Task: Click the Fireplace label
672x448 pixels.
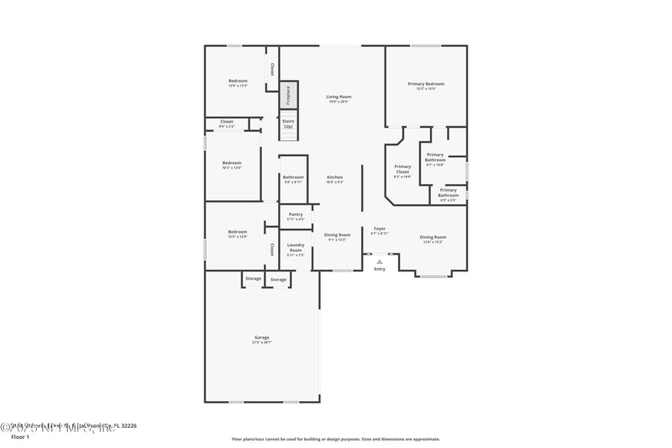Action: pos(287,95)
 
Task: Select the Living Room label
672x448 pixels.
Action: pos(339,97)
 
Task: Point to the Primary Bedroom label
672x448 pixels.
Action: pos(426,84)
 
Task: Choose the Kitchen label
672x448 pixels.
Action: pos(334,177)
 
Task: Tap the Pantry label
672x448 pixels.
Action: pos(296,214)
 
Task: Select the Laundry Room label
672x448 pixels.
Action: pos(296,248)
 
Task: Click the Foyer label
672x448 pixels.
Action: pos(380,229)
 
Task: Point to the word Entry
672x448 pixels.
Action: pos(380,269)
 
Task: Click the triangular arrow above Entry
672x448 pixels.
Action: pos(380,261)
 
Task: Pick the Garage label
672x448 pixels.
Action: pos(262,338)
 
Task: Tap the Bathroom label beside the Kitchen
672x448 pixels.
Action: pos(293,177)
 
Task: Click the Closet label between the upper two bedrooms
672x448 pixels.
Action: pos(227,122)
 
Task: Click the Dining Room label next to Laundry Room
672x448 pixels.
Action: pos(337,235)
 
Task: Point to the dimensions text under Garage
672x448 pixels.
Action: pos(262,343)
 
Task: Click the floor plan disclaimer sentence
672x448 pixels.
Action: pos(335,439)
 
